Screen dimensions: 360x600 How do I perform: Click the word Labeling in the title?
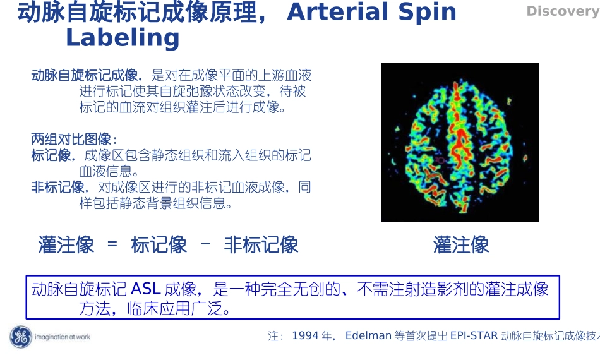(123, 38)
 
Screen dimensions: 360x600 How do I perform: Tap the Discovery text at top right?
(561, 11)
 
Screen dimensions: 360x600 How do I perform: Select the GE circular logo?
(20, 337)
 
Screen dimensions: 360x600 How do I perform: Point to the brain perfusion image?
(460, 142)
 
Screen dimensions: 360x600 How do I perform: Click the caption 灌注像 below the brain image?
(461, 244)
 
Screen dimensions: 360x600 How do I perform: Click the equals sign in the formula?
(112, 244)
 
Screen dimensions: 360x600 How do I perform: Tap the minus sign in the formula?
(205, 244)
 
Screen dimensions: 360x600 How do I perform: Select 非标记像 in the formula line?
(261, 244)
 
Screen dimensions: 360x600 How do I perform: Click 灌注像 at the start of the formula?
(66, 244)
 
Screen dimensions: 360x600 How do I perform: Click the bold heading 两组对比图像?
(73, 139)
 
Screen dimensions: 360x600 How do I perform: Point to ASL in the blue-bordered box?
(146, 289)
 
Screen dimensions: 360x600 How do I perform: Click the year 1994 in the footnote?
(305, 336)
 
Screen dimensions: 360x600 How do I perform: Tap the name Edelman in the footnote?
(369, 336)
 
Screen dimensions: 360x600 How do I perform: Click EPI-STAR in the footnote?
(474, 336)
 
